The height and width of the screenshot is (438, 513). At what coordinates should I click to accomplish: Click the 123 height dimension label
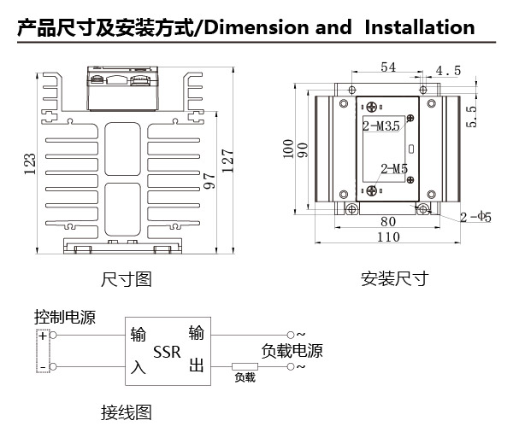(30, 164)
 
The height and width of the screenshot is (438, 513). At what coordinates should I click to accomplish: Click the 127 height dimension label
(227, 161)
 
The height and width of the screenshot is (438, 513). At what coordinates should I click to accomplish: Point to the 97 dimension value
(209, 181)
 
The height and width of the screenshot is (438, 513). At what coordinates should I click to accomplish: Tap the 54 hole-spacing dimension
(388, 67)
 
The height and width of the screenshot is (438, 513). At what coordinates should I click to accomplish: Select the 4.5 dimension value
(448, 71)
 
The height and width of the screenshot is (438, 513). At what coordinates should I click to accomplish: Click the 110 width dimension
(388, 237)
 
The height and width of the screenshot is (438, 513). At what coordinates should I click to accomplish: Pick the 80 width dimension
(388, 222)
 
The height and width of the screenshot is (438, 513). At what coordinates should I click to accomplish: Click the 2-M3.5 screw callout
(381, 126)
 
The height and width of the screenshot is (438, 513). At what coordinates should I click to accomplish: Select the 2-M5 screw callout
(394, 169)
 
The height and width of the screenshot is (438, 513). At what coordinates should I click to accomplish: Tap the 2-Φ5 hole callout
(475, 217)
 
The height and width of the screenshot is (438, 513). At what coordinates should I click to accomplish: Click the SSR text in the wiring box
(167, 352)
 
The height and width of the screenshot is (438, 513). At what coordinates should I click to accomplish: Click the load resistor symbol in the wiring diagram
(245, 366)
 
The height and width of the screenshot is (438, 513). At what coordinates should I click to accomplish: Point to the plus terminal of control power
(44, 336)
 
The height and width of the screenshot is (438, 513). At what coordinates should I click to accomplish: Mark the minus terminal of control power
(43, 367)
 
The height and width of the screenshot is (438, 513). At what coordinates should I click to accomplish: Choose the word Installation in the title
(420, 27)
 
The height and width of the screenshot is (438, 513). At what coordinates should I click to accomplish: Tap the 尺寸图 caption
(127, 279)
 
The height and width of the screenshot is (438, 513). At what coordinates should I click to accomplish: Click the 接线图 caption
(127, 412)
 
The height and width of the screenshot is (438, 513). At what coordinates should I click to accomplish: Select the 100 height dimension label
(288, 149)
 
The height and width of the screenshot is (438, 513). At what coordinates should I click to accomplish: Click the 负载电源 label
(292, 351)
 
